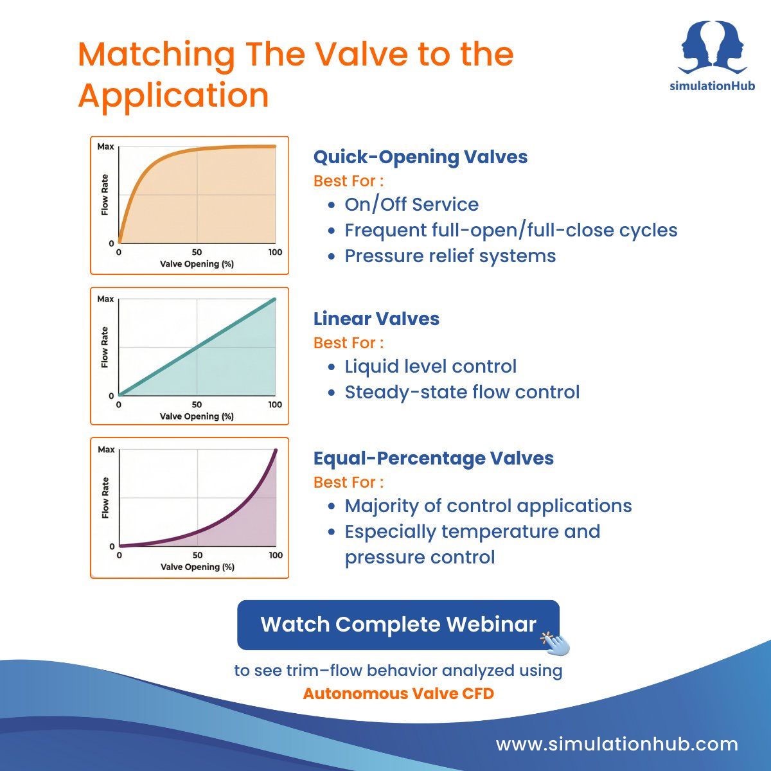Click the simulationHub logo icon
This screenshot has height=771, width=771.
coord(713,48)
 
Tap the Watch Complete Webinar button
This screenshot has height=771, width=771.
coord(398,625)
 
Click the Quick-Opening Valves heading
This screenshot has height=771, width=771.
coord(420,157)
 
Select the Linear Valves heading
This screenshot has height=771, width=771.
coord(376,319)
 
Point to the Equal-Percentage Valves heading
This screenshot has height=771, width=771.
coord(433,458)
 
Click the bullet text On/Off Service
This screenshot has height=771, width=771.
coord(411,204)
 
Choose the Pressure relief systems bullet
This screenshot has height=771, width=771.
coord(450,256)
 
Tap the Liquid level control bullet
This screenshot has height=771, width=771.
coord(430,366)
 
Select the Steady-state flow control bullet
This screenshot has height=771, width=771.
coord(462,392)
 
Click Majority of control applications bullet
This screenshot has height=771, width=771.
coord(488,506)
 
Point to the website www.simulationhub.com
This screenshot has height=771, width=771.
coord(617,744)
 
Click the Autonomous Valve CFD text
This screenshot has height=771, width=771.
coord(398,694)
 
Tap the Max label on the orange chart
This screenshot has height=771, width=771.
coord(105,146)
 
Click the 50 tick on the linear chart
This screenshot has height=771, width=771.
coord(197,405)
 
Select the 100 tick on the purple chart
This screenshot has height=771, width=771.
coord(276,555)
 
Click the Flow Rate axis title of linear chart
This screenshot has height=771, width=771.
coord(105,348)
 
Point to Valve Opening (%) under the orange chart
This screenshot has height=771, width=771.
coord(197,264)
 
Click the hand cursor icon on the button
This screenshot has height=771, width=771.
coord(556,642)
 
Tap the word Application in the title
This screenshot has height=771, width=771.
coord(173,95)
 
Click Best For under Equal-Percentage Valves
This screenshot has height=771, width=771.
coord(348,482)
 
